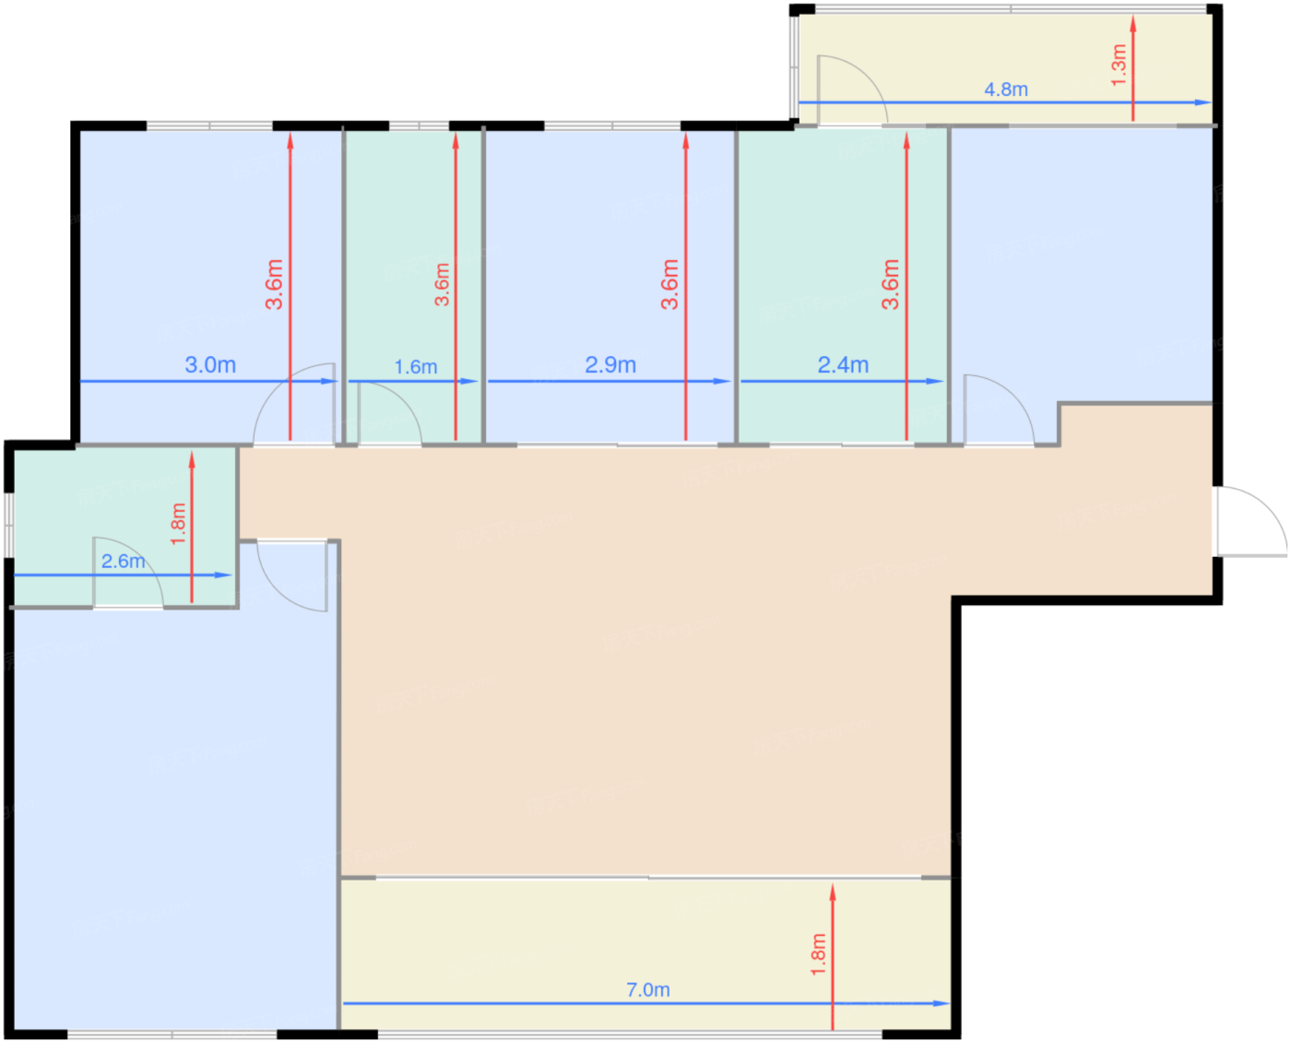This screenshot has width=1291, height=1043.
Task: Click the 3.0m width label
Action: [210, 365]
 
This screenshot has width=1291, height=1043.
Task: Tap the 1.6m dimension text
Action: [416, 367]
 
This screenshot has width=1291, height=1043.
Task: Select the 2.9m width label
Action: [610, 365]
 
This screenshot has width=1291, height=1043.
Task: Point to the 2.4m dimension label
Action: [843, 365]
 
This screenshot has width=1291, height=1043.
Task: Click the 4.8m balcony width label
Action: [1005, 89]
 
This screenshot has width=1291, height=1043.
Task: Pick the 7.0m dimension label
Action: [648, 990]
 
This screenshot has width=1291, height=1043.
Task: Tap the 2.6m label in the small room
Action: [123, 561]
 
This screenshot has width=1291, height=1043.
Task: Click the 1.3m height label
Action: [1119, 65]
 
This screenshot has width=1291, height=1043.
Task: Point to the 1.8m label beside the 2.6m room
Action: [178, 523]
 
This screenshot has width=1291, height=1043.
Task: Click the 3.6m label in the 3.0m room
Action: [274, 284]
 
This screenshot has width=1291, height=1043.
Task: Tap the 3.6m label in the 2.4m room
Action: [890, 284]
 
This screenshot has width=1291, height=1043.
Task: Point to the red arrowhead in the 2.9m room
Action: [685, 140]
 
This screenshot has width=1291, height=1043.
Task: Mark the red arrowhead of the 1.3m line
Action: [1133, 23]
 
